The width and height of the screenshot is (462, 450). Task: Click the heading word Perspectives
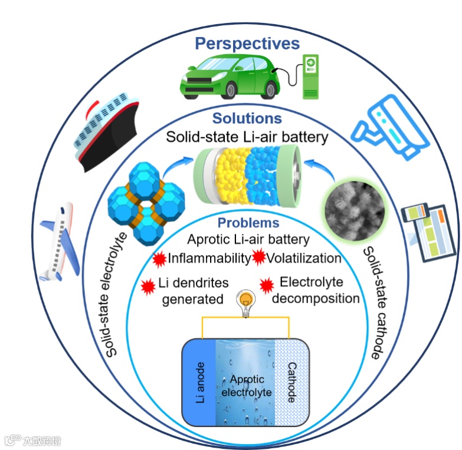pos(247,43)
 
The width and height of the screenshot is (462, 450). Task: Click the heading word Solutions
pos(247,118)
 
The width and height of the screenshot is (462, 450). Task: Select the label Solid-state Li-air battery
pos(247,137)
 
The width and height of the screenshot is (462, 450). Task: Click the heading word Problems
pos(248,223)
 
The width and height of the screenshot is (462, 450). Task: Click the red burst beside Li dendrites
pos(148,286)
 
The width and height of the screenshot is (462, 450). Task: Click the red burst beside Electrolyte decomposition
pos(267,285)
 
